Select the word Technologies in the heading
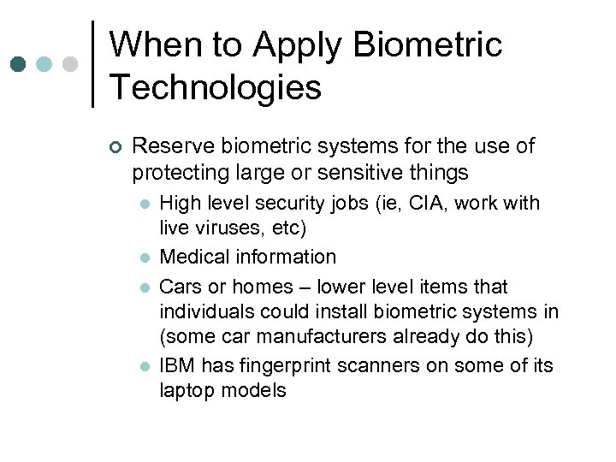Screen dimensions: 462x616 click(216, 86)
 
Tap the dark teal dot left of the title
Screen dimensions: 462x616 click(18, 64)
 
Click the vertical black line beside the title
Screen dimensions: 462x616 click(92, 64)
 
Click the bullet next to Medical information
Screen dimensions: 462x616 click(145, 258)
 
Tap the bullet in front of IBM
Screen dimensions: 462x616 click(145, 366)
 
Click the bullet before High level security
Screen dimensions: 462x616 click(145, 204)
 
